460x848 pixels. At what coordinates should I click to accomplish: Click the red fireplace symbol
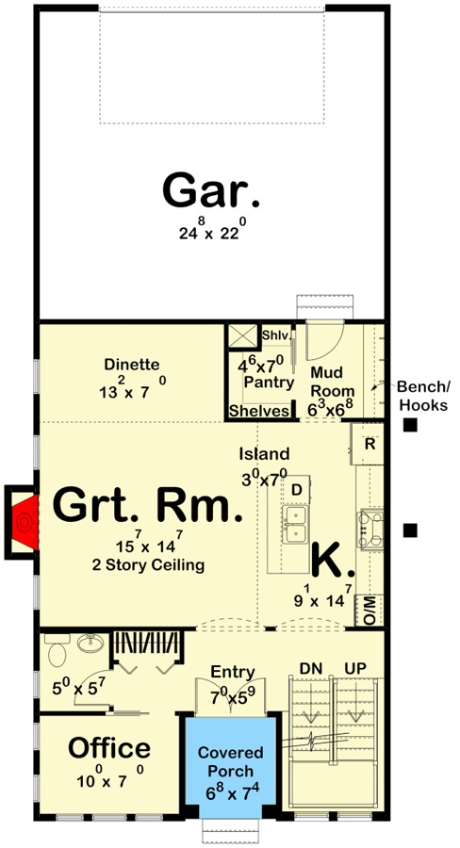click(x=25, y=522)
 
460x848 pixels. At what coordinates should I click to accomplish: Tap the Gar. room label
click(x=211, y=191)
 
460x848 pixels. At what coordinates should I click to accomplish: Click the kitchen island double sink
click(x=296, y=525)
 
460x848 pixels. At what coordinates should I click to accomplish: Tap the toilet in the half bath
click(x=57, y=649)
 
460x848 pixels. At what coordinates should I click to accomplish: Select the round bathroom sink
click(x=90, y=644)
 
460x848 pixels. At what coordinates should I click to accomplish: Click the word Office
click(x=108, y=748)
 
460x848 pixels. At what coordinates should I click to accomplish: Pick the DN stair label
click(x=311, y=669)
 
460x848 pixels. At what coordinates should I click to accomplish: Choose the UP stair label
click(x=355, y=669)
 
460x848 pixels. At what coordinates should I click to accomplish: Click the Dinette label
click(x=132, y=365)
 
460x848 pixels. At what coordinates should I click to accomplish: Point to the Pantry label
click(x=269, y=383)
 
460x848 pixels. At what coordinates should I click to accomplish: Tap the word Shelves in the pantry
click(x=258, y=411)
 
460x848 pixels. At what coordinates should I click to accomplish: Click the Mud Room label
click(x=333, y=382)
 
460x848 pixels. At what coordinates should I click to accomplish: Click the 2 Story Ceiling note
click(x=148, y=565)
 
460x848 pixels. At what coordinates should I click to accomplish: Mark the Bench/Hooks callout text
click(x=422, y=396)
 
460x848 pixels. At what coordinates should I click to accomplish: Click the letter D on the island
click(x=296, y=490)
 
